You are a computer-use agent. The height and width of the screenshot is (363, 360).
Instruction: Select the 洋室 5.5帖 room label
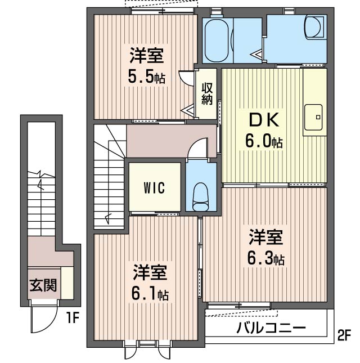pyautogui.click(x=146, y=66)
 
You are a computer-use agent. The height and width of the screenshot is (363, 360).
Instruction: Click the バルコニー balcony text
pyautogui.click(x=270, y=328)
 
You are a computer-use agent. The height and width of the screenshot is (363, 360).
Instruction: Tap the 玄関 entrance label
pyautogui.click(x=43, y=285)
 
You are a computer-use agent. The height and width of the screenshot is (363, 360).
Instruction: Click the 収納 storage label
pyautogui.click(x=207, y=94)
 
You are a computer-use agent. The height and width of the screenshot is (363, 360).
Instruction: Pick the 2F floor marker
pyautogui.click(x=344, y=336)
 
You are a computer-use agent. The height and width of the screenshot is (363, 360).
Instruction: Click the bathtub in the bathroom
pyautogui.click(x=216, y=41)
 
